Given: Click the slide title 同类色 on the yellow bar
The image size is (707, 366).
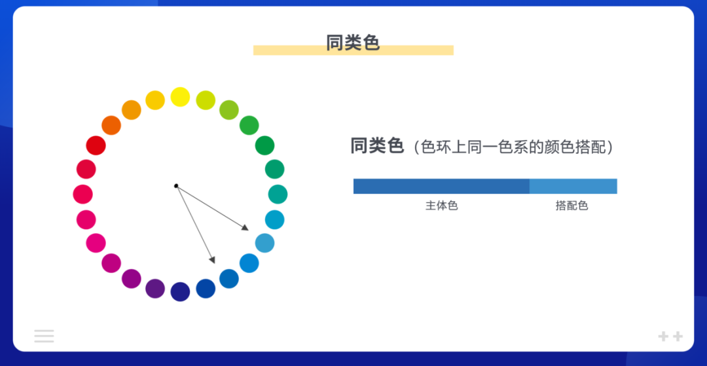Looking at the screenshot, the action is point(353,43).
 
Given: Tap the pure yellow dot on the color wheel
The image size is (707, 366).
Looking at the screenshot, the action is point(180,97).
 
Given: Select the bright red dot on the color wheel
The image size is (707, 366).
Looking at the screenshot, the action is point(96,145).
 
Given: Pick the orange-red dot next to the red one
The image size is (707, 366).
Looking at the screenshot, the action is point(111,125).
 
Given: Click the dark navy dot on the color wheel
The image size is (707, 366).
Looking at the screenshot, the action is point(180,291).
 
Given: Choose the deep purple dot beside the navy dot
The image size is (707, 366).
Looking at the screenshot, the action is point(155,288).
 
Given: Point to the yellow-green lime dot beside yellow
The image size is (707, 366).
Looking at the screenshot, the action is point(206,100).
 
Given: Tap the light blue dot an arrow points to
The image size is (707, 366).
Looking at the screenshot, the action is point(264,243).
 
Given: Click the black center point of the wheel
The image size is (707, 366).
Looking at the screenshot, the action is point(176,186).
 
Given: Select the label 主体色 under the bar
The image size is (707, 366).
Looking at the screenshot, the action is point(441,206).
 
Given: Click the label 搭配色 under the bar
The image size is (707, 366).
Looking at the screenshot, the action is point(572,206).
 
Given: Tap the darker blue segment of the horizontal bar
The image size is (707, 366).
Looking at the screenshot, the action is point(441,186).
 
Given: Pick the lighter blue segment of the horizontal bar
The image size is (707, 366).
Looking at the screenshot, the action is point(573,186).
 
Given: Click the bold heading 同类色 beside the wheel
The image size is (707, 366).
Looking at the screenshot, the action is point(376,146).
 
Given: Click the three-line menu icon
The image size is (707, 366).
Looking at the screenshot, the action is point(44,336).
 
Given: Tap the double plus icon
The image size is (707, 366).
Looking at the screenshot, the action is point(670,337).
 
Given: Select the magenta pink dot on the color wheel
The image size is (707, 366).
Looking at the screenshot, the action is point(96,243).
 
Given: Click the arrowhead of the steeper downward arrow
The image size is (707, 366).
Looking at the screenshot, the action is point(213,260).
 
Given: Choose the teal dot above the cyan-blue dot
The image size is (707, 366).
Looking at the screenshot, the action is point(278,194).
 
